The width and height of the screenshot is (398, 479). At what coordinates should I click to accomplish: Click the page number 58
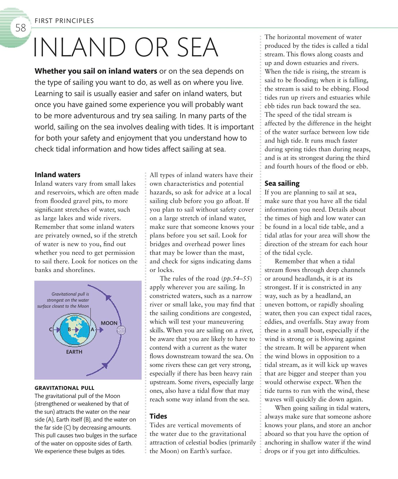(21, 28)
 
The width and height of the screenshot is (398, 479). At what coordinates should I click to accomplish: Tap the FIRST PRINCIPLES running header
(64, 21)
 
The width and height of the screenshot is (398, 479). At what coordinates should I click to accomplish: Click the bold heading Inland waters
(57, 175)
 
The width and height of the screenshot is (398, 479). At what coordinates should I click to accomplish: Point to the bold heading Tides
(158, 416)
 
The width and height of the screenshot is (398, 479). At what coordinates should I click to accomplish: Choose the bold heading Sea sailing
(282, 183)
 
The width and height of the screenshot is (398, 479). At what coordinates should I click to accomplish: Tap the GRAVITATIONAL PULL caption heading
(64, 388)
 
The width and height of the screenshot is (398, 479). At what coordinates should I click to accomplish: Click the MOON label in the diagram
(109, 323)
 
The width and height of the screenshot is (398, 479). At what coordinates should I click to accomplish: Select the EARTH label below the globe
(74, 352)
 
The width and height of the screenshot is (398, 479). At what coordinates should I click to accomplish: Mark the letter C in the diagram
(51, 330)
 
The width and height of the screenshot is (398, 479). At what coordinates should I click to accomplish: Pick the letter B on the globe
(69, 330)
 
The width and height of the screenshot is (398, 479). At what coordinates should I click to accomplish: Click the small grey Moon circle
(121, 330)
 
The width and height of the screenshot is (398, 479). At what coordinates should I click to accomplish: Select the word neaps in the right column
(362, 149)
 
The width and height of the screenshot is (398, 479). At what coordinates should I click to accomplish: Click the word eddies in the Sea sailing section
(273, 322)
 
